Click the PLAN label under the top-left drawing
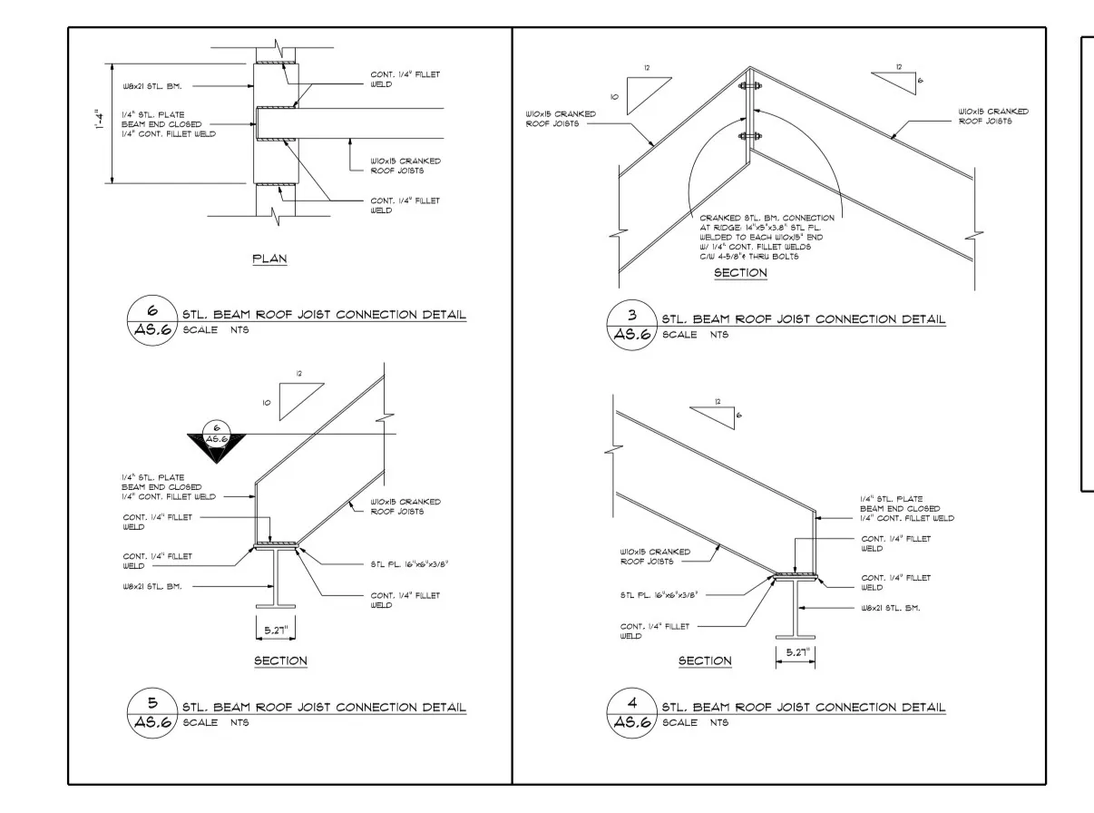click(269, 259)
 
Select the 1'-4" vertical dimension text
click(99, 120)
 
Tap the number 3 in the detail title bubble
click(632, 314)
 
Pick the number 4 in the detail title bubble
click(632, 702)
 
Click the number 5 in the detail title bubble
click(152, 702)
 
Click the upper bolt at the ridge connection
click(749, 86)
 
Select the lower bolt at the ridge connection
click(749, 136)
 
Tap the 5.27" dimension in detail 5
click(276, 630)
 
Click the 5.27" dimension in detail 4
click(797, 652)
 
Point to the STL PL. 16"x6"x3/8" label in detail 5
click(409, 563)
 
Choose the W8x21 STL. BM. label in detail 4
click(890, 608)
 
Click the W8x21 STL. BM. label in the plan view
click(152, 86)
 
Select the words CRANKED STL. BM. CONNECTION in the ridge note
click(767, 218)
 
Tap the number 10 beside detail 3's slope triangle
click(614, 97)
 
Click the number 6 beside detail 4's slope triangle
click(738, 416)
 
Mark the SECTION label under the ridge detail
click(740, 273)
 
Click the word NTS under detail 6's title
click(239, 329)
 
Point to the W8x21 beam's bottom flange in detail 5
click(276, 606)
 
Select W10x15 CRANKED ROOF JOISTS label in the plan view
click(405, 166)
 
